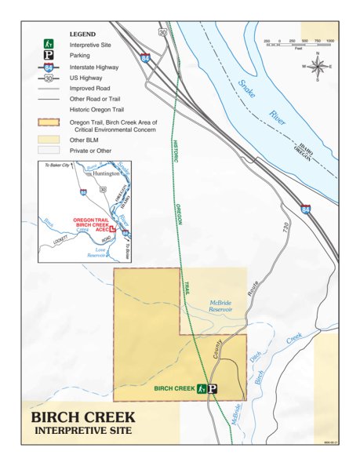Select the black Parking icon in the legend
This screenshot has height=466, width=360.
[48, 56]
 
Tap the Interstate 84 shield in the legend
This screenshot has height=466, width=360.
[48, 68]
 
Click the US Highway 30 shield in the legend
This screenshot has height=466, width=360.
[48, 78]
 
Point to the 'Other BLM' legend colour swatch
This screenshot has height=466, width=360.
[48, 138]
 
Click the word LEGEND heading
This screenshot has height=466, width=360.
[82, 35]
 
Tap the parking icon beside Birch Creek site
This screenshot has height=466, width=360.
[211, 388]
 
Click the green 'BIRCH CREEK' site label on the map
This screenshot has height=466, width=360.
[174, 388]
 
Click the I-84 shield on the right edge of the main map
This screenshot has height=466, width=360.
[305, 209]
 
